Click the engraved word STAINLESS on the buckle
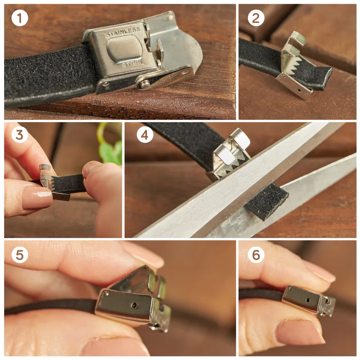click(x=123, y=32)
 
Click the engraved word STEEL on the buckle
click(x=129, y=64)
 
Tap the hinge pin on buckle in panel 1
click(x=144, y=82)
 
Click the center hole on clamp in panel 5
click(x=135, y=305)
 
